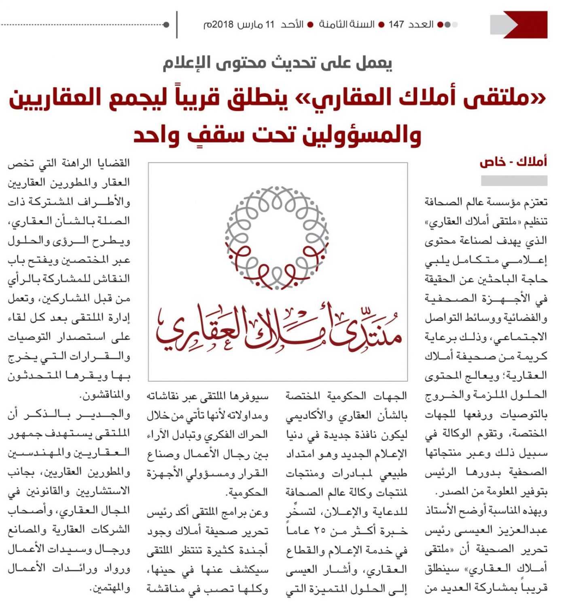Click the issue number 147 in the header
point(396,25)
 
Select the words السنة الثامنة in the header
point(346,25)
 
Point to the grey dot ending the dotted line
point(166,25)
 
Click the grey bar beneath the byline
point(514,180)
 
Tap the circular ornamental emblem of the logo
point(277,238)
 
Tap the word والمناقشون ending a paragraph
point(107,395)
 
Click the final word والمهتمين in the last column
point(110,588)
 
